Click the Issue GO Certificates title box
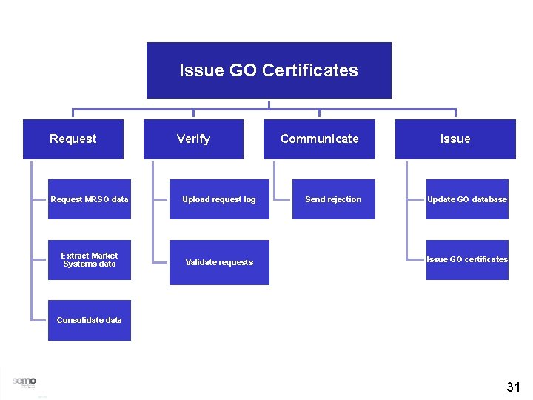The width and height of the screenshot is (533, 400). tap(269, 70)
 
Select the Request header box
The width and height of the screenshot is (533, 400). tap(73, 139)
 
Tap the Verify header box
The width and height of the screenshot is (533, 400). tap(193, 139)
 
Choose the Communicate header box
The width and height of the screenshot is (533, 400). tap(319, 139)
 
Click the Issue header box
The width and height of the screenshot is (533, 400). tap(455, 139)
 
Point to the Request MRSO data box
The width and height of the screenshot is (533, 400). tap(89, 199)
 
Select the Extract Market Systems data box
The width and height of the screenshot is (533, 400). tap(89, 260)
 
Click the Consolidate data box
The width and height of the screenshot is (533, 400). tap(89, 320)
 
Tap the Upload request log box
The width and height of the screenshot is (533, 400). tap(219, 199)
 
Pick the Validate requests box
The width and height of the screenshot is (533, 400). tap(219, 262)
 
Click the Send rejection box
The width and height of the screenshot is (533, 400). tap(333, 199)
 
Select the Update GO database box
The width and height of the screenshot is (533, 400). tap(467, 199)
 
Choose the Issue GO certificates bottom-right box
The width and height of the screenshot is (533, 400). tap(467, 259)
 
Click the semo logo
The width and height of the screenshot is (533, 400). tap(24, 381)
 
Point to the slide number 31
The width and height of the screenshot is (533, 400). tap(513, 387)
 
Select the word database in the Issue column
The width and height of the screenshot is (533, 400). tap(490, 199)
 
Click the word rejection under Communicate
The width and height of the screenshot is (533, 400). tap(344, 199)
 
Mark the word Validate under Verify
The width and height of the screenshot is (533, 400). tap(200, 262)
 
